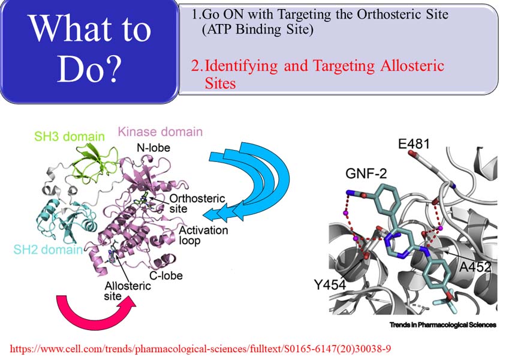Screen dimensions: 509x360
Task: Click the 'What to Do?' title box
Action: coord(89,52)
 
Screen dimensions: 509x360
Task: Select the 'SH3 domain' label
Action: coord(70,136)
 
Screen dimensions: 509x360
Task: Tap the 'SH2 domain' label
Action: coord(48,250)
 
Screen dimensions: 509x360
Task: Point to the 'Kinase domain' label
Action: coord(160,131)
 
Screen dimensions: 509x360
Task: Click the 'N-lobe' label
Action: coord(153,148)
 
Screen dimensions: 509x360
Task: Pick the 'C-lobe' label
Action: coord(166,275)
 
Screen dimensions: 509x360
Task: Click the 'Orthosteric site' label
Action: coord(197,203)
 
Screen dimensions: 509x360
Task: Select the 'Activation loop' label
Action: coord(203,235)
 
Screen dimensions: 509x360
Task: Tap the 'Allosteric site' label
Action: coord(128,291)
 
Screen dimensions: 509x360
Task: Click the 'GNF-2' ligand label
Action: coord(366,174)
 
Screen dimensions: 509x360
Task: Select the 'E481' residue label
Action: coord(414,143)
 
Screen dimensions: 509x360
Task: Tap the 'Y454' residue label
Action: coord(330,285)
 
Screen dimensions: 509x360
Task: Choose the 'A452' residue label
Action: coord(475,267)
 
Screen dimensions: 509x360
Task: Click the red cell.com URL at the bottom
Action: coord(200,349)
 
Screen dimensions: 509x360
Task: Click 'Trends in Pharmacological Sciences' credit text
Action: coord(443,325)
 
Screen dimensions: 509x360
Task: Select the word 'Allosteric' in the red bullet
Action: coord(412,66)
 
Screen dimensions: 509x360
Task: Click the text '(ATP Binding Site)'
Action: coord(258,29)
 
